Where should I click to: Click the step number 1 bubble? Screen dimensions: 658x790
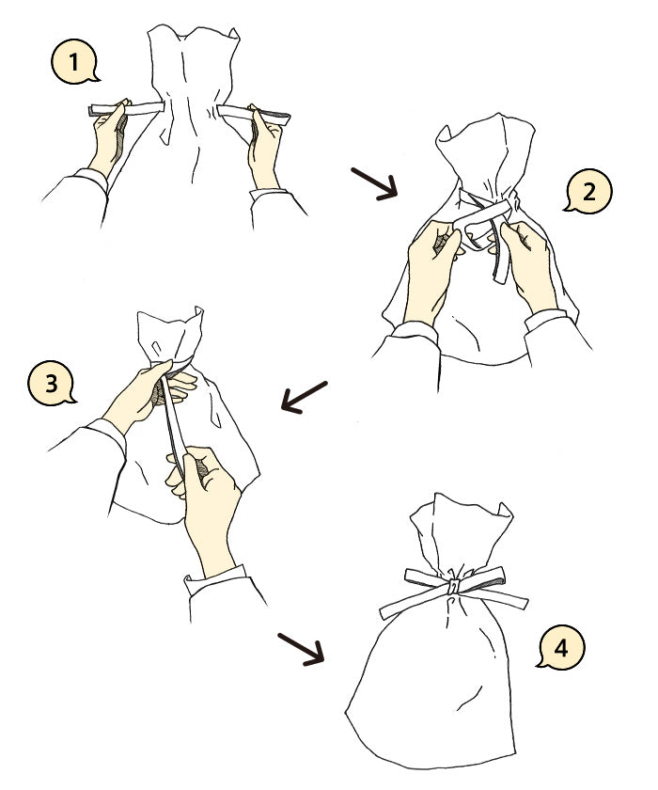click(74, 62)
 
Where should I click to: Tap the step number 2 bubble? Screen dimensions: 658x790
click(588, 192)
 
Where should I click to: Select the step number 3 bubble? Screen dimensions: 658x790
click(51, 384)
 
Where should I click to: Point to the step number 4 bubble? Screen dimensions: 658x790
click(561, 647)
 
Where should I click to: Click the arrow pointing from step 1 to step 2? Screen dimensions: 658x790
click(374, 184)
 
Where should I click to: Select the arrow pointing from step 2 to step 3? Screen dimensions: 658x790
click(304, 398)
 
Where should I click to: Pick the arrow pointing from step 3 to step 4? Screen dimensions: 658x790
click(301, 650)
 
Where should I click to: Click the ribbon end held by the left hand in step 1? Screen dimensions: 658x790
click(126, 109)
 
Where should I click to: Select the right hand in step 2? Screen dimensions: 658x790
click(527, 267)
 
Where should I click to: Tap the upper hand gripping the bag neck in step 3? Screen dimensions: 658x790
click(146, 393)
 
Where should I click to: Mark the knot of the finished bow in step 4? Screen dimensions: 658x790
click(454, 586)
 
